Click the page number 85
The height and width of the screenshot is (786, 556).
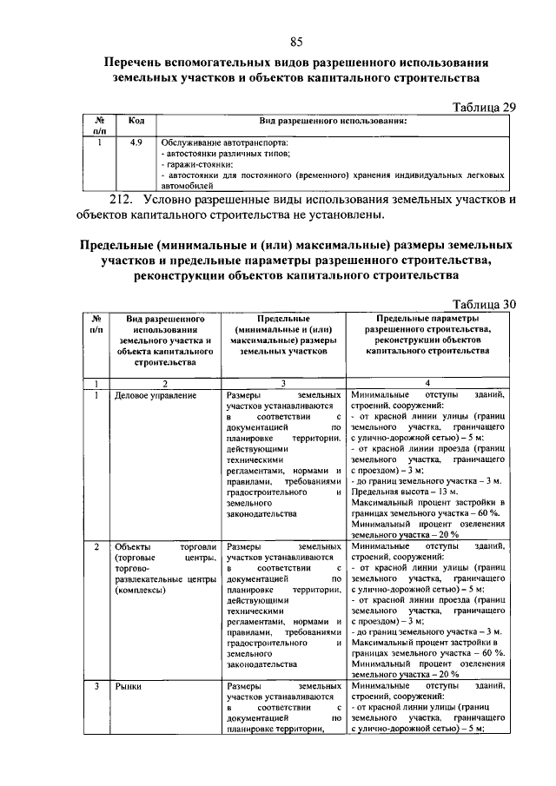[x=295, y=42]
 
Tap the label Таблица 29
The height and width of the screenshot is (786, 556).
[x=486, y=107]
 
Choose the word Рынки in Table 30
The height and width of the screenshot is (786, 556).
[x=129, y=686]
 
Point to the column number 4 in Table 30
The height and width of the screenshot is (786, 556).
[x=427, y=382]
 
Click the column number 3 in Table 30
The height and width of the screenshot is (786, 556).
[x=282, y=382]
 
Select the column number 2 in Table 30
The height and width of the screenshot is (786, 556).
[x=162, y=382]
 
